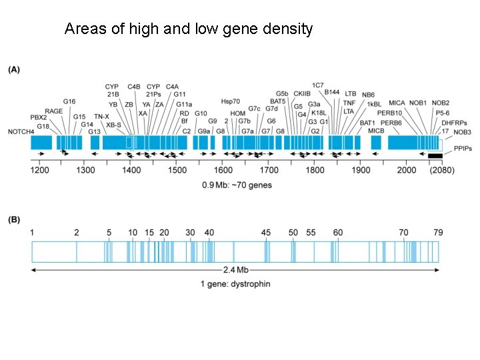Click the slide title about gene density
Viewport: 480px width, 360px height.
[188, 29]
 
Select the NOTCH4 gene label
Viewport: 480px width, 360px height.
[21, 131]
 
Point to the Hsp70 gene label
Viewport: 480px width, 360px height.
[231, 101]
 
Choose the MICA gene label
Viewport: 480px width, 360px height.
[397, 103]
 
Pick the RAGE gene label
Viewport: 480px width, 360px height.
[54, 111]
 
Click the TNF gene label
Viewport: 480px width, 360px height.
[349, 103]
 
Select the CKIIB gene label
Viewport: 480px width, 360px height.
[302, 93]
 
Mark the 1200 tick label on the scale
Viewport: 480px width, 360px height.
[40, 171]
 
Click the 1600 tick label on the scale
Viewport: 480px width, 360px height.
[223, 171]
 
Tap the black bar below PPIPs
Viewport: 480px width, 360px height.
[435, 156]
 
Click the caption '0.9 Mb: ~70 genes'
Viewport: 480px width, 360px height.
[236, 185]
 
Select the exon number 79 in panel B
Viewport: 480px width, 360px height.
[438, 232]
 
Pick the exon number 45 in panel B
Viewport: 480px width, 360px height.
[266, 232]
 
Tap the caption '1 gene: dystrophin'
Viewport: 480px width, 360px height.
[235, 284]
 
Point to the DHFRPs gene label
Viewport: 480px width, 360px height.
[455, 123]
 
